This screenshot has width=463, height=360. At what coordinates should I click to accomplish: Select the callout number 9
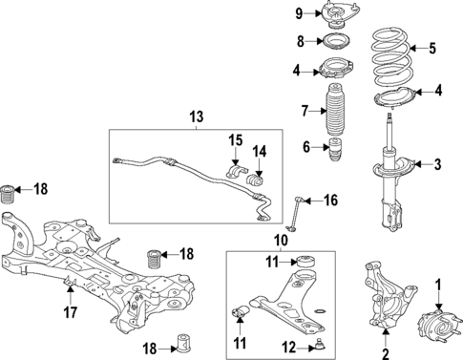point(298,13)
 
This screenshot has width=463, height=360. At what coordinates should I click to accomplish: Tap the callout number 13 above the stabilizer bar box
point(197,116)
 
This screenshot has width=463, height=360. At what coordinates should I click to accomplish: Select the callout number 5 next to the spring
point(431,47)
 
